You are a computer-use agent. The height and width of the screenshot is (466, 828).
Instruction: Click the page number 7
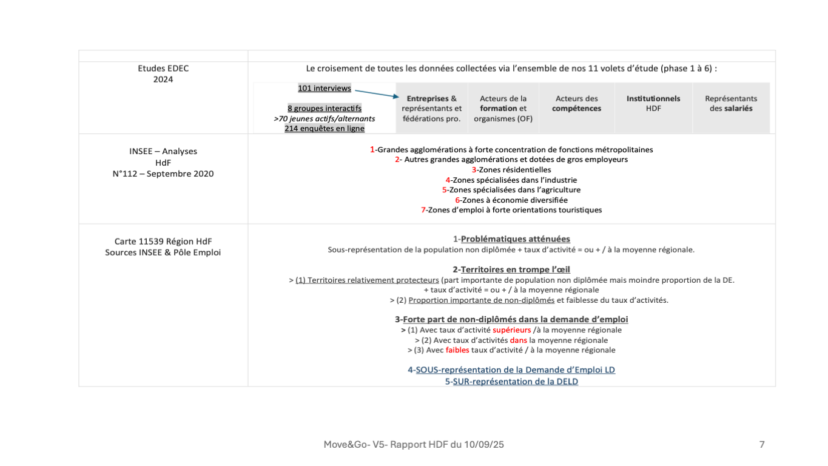tap(762, 445)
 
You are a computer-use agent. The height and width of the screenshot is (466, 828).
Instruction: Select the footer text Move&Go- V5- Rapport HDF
tap(414, 445)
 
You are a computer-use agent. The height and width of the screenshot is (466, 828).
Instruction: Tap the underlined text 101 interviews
tap(325, 89)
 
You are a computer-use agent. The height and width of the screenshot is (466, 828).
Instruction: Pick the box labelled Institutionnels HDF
tap(653, 103)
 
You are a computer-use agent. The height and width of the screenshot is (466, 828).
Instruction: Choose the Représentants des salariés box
tap(731, 103)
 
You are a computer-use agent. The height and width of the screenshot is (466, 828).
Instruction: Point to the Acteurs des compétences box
tap(576, 103)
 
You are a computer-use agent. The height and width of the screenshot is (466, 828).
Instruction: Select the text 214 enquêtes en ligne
tap(325, 129)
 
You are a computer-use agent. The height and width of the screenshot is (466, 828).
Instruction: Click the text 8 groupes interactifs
tap(325, 109)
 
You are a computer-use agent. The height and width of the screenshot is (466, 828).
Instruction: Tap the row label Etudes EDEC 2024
tap(163, 73)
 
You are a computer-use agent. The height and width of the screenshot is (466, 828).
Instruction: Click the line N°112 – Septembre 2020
tap(163, 174)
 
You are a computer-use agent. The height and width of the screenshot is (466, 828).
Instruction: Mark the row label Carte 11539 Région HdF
tap(163, 241)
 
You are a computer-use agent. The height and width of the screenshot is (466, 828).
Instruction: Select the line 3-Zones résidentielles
tap(511, 170)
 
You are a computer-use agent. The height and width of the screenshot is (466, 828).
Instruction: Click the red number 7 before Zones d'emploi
tap(423, 210)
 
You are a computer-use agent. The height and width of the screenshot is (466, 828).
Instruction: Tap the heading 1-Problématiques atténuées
tap(511, 239)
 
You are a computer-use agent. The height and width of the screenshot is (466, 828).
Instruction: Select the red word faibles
tap(457, 350)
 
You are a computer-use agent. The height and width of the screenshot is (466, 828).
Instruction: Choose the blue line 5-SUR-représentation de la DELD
tap(511, 382)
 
